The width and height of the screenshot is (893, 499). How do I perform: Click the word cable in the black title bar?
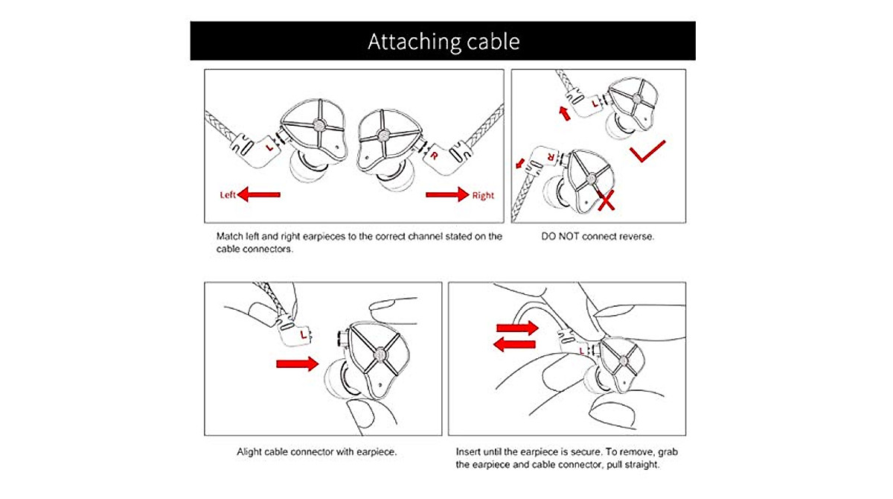pyautogui.click(x=493, y=41)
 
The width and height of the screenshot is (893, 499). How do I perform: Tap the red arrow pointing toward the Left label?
pyautogui.click(x=259, y=194)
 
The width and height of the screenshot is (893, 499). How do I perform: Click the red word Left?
pyautogui.click(x=228, y=194)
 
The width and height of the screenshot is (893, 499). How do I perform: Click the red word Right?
pyautogui.click(x=483, y=195)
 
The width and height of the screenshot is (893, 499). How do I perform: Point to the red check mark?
pyautogui.click(x=647, y=151)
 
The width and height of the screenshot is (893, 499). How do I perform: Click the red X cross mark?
pyautogui.click(x=606, y=200)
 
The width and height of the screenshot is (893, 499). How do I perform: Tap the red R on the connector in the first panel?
pyautogui.click(x=434, y=156)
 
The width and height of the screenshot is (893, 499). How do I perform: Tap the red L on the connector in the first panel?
pyautogui.click(x=270, y=147)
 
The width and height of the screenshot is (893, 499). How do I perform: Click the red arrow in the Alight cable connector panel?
pyautogui.click(x=298, y=363)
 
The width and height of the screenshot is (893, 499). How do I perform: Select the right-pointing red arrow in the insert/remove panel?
pyautogui.click(x=517, y=328)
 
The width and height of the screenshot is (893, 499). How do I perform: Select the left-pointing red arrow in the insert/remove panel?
pyautogui.click(x=514, y=344)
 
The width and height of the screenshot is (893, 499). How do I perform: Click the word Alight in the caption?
pyautogui.click(x=249, y=452)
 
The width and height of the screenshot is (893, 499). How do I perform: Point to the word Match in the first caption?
pyautogui.click(x=230, y=236)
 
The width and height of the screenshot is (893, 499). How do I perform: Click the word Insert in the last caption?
pyautogui.click(x=468, y=452)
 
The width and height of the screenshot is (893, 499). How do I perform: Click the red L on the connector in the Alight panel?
pyautogui.click(x=304, y=334)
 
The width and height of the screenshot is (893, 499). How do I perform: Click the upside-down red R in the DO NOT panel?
pyautogui.click(x=551, y=156)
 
